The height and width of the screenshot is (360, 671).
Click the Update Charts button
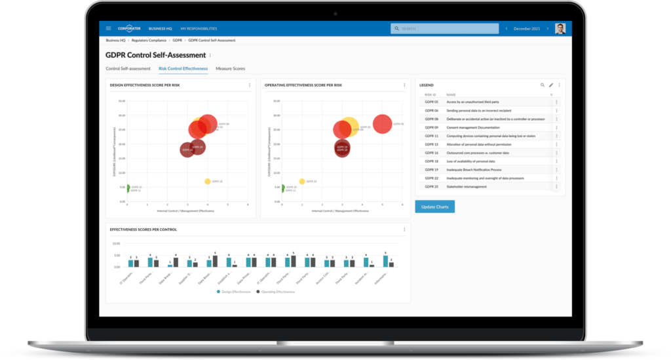[x=434, y=207]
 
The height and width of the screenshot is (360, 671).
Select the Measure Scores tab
[x=230, y=68]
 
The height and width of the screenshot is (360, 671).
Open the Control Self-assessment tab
[x=128, y=68]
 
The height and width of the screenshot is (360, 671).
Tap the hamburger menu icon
[x=109, y=29]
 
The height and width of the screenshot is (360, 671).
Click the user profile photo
[x=560, y=29]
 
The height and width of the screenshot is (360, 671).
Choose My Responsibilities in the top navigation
[x=199, y=29]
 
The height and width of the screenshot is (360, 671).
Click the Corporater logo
[x=129, y=29]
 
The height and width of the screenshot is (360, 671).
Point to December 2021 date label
[x=527, y=29]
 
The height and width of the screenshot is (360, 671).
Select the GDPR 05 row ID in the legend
[x=431, y=102]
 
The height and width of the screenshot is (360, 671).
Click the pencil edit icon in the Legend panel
[x=550, y=85]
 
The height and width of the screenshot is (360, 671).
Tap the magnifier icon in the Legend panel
[x=542, y=85]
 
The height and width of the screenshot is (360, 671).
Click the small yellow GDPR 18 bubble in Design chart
[x=208, y=182]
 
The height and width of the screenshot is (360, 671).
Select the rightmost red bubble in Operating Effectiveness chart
[x=383, y=123]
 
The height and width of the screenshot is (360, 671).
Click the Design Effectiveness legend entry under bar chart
[x=234, y=291]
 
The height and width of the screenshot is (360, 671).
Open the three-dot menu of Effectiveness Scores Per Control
[x=404, y=230]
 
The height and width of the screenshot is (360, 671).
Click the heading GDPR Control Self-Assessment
[x=155, y=55]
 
